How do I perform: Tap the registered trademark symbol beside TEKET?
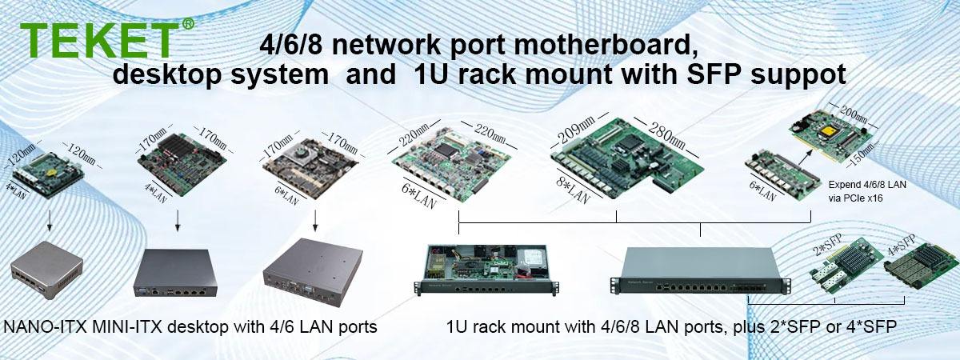tap(188, 25)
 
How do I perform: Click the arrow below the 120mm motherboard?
tap(48, 219)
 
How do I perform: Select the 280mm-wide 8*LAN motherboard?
tap(628, 160)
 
